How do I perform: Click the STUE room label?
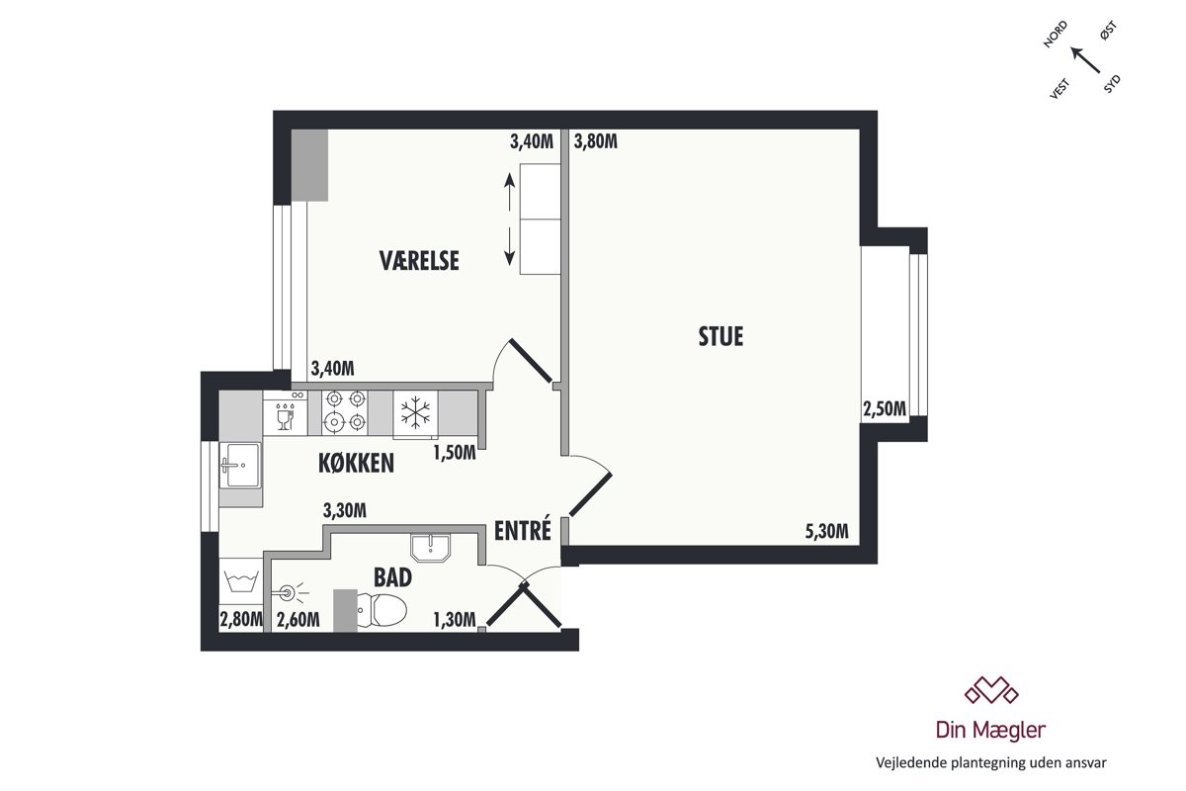720,336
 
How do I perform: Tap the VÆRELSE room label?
419,261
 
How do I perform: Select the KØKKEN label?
357,463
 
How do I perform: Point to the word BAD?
393,577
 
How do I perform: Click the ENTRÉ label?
523,530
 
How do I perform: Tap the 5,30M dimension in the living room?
826,531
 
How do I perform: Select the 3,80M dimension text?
596,141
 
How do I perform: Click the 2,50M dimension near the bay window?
885,409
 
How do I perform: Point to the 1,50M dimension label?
455,453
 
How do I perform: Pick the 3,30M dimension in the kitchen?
345,510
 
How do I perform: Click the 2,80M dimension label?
241,619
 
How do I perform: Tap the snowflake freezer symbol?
416,412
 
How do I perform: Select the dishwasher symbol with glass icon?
286,413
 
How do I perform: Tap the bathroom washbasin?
431,548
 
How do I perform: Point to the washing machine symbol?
241,581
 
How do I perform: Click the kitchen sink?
241,465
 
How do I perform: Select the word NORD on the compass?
1055,35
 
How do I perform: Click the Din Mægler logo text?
990,730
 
